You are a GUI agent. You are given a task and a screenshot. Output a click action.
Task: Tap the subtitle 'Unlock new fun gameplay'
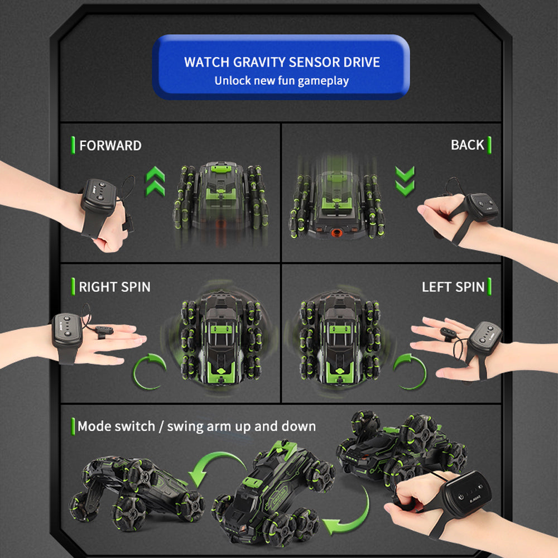pos(281,81)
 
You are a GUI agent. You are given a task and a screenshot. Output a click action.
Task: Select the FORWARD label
pos(110,146)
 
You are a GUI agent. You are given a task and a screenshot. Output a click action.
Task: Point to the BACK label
pos(467,145)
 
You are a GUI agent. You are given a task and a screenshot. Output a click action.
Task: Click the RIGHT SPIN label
pos(114,287)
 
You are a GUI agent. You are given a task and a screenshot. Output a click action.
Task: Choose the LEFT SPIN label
pos(453,287)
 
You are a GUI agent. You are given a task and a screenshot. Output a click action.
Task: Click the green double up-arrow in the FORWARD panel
pos(156,181)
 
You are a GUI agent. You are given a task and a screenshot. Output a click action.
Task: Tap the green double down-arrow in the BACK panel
pos(405,181)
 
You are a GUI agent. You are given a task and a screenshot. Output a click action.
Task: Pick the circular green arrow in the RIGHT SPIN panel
pos(150,372)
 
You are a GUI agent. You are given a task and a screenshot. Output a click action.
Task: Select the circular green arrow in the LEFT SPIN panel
pos(410,372)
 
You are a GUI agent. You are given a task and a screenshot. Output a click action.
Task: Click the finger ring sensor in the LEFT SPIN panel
pos(449,334)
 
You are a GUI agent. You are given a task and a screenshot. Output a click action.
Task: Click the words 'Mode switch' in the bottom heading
pos(117,426)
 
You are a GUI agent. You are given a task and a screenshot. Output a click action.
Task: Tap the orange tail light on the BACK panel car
pos(336,233)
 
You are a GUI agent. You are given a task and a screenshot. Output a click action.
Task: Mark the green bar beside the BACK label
pos(489,145)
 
